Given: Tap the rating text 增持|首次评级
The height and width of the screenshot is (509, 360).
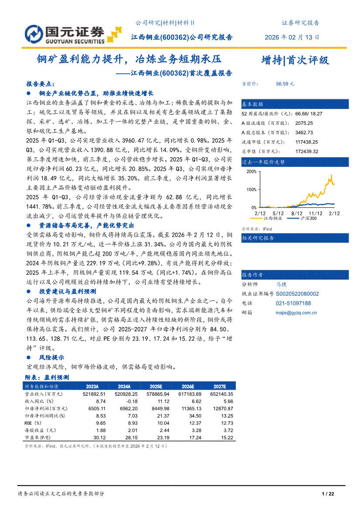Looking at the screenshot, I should (295, 60).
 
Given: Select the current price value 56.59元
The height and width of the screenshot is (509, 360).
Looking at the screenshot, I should (285, 84).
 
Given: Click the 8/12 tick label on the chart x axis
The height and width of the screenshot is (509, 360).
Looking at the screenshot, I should (296, 213).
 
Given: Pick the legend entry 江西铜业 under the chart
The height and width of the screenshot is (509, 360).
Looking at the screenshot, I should (273, 218).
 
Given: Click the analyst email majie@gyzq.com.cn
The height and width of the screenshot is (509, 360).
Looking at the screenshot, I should (296, 312).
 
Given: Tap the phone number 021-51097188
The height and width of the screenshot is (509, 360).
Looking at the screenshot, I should (293, 303).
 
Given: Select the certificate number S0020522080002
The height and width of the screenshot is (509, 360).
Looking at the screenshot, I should (297, 294).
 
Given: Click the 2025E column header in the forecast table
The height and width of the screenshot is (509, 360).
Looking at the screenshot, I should (156, 386).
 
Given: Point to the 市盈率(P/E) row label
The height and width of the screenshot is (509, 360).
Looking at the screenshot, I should (39, 438).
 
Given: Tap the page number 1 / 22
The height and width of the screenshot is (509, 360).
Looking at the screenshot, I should (327, 494).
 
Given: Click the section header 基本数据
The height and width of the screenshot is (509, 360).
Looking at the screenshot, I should (253, 104).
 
